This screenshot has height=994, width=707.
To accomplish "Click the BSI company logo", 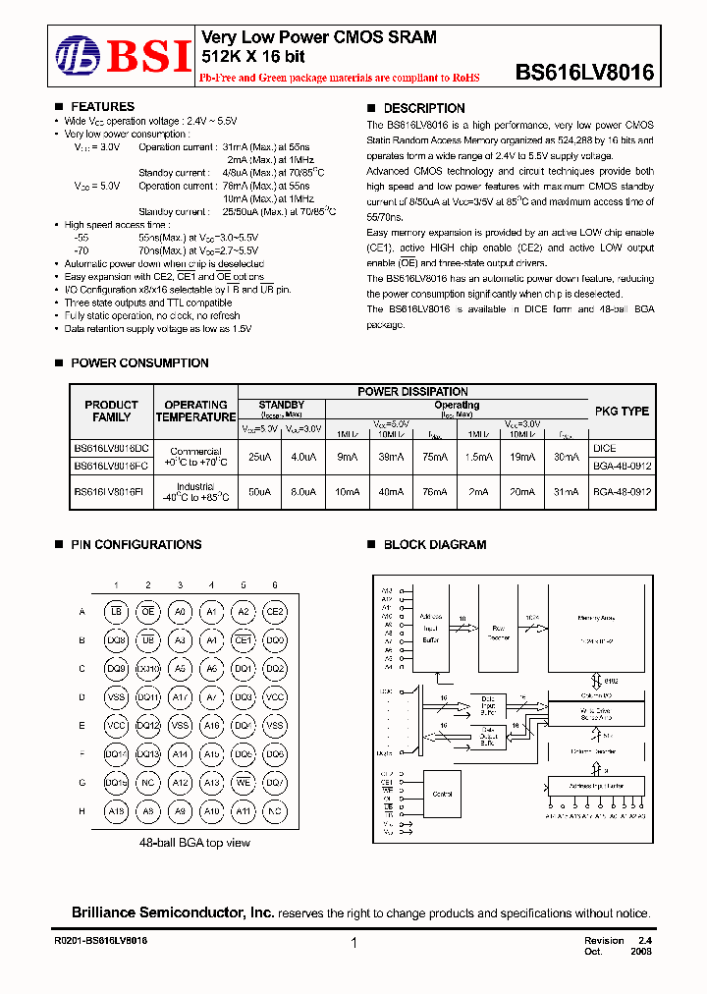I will [123, 56].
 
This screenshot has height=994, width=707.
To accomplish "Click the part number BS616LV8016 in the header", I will [584, 73].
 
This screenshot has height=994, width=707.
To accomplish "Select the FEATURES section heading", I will [103, 107].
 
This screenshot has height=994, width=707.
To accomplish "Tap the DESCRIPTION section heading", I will [423, 108].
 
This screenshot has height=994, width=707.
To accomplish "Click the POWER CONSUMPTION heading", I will [139, 363].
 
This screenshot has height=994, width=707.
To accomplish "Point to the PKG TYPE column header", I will [621, 411].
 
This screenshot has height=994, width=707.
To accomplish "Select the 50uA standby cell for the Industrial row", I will [259, 490].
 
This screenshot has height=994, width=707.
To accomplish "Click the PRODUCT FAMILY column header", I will [112, 411].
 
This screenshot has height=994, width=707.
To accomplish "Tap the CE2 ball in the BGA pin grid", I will [276, 612].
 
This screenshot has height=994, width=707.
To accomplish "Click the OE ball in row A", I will [148, 612].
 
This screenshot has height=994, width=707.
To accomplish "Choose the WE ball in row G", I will [244, 783].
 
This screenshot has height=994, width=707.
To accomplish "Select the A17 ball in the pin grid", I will [180, 697].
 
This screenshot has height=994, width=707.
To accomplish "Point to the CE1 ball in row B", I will [244, 640].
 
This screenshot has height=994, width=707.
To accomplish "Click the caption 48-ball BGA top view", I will [195, 842].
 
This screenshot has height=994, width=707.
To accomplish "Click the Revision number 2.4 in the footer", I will [645, 940].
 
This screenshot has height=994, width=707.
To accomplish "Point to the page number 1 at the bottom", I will [353, 944].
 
